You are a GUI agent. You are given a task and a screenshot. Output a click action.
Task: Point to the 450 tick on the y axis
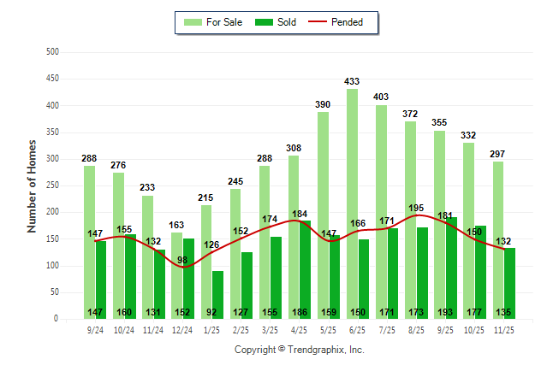pyautogui.click(x=52, y=79)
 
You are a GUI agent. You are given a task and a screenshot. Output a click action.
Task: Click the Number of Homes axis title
pyautogui.click(x=32, y=185)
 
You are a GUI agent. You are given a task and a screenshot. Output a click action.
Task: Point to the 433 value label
pyautogui.click(x=352, y=81)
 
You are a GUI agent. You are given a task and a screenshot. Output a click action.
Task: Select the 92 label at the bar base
pyautogui.click(x=212, y=312)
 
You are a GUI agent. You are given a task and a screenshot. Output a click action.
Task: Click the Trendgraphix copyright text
pyautogui.click(x=300, y=350)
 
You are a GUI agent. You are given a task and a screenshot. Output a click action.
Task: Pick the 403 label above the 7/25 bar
pyautogui.click(x=381, y=97)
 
